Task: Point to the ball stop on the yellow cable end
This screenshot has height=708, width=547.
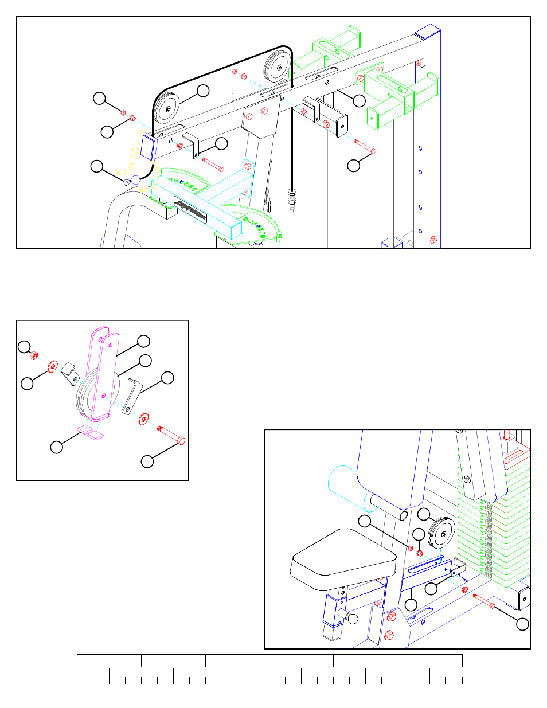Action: tap(135, 179)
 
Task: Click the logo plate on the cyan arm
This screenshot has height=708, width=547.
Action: tap(191, 210)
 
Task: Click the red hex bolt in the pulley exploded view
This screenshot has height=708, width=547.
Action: tap(171, 434)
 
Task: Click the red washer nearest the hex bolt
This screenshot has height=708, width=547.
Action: tap(143, 418)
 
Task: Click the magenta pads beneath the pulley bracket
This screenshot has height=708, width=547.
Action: tap(91, 432)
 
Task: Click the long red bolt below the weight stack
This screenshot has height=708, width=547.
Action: tap(484, 601)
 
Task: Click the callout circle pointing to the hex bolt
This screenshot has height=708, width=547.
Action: tap(147, 461)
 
